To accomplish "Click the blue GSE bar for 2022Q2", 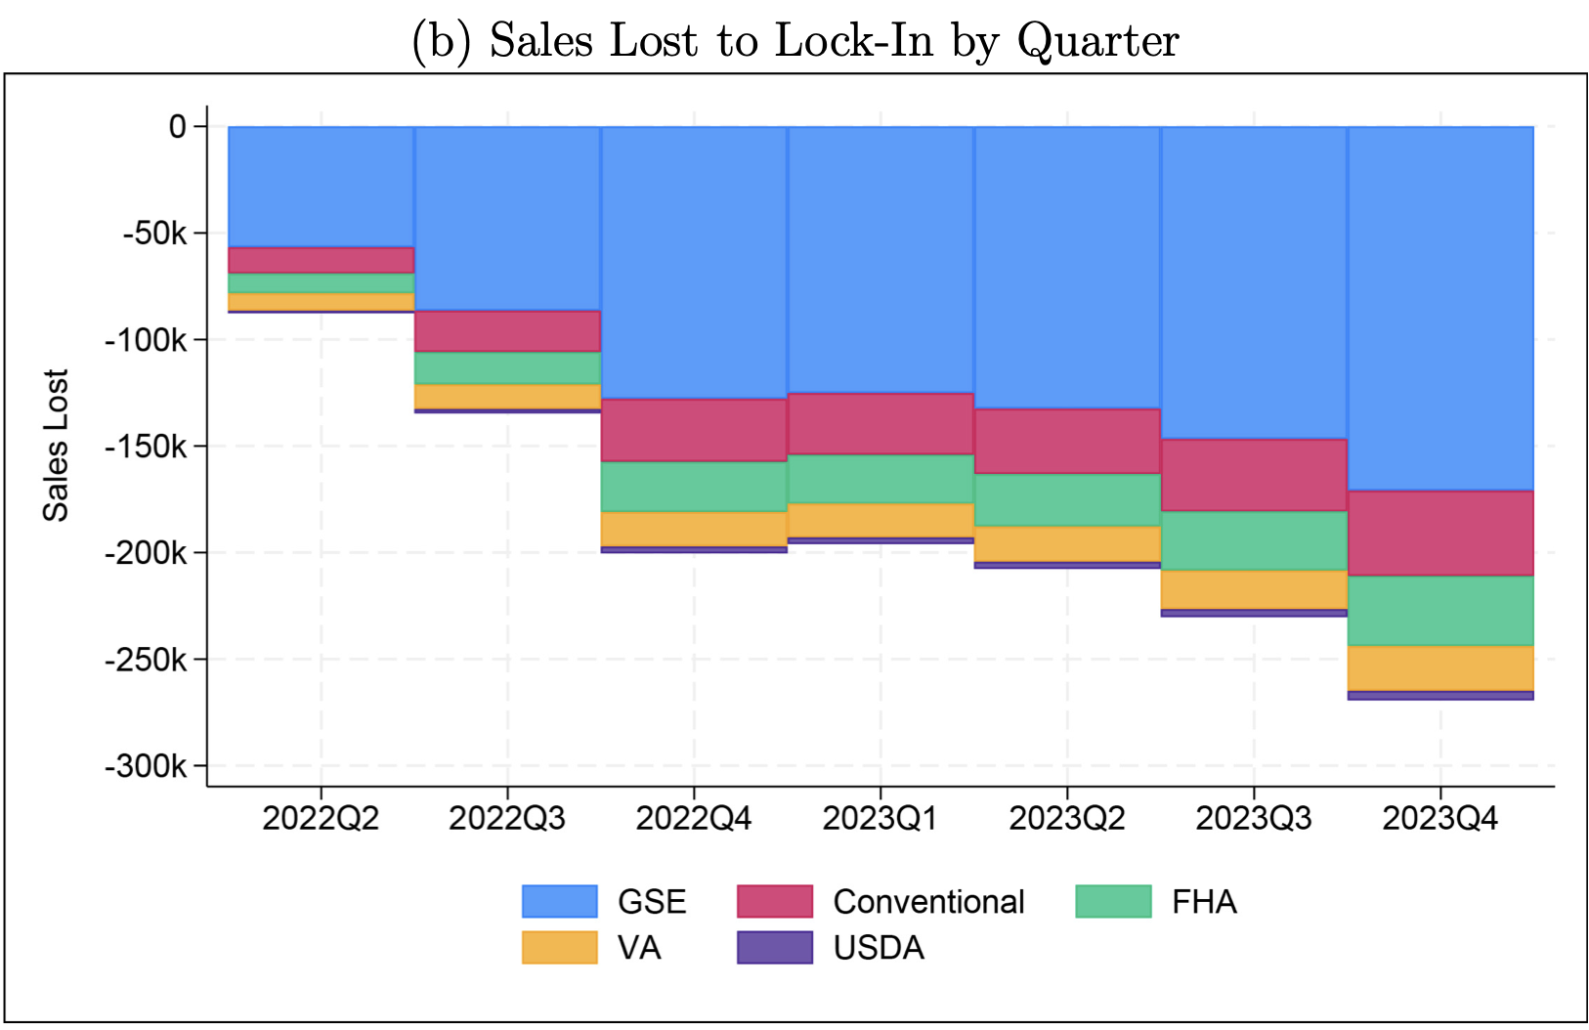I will click(321, 187).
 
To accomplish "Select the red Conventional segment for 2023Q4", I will click(1440, 533).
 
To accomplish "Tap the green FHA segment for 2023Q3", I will click(1254, 540).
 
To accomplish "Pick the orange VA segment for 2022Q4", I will click(694, 529).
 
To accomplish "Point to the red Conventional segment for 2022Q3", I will click(507, 331).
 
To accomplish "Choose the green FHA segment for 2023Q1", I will click(880, 479).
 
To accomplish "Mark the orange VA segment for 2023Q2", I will click(1067, 543).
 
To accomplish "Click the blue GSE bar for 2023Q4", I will click(1440, 308).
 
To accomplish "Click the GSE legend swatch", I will click(559, 901).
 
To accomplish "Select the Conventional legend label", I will click(928, 901).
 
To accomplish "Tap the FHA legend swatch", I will click(1113, 901).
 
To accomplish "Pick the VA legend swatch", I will click(559, 948).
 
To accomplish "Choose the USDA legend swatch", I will click(774, 948).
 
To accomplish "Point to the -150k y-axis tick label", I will click(146, 447).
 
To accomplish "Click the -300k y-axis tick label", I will click(146, 766).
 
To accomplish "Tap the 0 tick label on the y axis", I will click(177, 127).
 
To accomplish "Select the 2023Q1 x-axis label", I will click(880, 818).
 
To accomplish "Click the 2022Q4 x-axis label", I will click(694, 818).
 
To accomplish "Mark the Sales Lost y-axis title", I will click(56, 446).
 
